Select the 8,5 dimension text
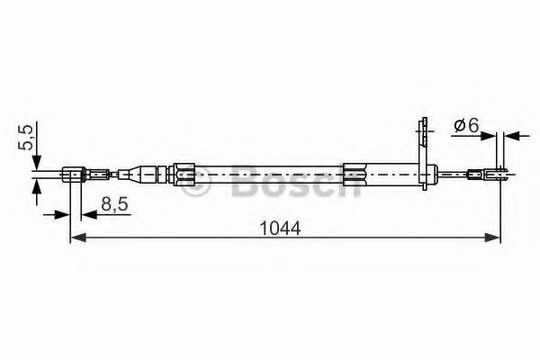[x=112, y=205]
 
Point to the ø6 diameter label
[x=465, y=126]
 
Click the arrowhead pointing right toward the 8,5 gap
[x=63, y=215]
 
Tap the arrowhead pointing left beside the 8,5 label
[x=87, y=215]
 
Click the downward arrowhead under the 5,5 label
[x=36, y=162]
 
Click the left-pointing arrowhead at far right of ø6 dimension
[x=510, y=136]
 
